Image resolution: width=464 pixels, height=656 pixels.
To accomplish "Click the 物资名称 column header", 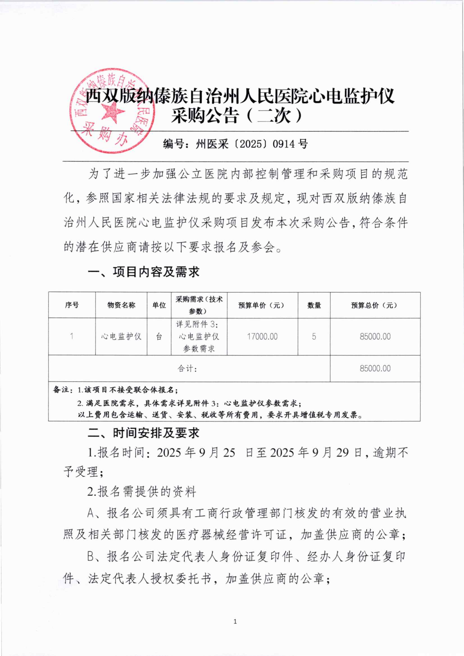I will (121, 305).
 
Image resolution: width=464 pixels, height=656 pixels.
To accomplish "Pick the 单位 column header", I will (159, 305).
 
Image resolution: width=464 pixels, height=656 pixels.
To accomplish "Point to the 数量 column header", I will (314, 305).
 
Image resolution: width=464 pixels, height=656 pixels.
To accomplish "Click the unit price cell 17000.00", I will (262, 337).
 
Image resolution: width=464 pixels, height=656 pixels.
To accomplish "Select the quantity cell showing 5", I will (314, 337).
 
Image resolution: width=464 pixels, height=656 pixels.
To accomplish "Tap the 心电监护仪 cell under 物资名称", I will (121, 337).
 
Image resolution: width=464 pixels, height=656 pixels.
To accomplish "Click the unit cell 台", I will (159, 337).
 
